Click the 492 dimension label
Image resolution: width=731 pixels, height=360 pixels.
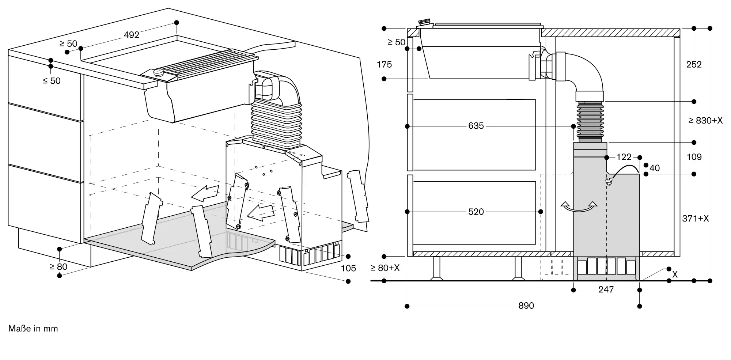[x=132, y=35]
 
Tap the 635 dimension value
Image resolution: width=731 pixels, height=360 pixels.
[x=476, y=126]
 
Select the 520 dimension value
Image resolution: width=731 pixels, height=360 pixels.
[x=476, y=212]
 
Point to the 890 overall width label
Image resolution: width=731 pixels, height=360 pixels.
[x=526, y=306]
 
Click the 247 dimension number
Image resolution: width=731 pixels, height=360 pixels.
[x=606, y=290]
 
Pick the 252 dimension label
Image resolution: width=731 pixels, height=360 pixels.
[x=694, y=65]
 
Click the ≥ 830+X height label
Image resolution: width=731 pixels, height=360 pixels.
[x=705, y=121]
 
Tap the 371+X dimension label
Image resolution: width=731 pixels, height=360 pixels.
[x=695, y=219]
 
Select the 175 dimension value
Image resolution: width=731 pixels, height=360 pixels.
[x=384, y=65]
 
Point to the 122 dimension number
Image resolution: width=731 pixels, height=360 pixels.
[x=624, y=157]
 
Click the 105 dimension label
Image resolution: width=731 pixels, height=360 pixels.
[x=348, y=269]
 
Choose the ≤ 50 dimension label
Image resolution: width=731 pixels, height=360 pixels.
[x=52, y=81]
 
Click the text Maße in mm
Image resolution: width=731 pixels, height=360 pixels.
[x=33, y=329]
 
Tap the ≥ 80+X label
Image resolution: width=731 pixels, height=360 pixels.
[x=385, y=268]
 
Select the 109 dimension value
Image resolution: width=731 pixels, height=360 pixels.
[x=694, y=157]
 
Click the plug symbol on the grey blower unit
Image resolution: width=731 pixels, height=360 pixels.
[x=608, y=181]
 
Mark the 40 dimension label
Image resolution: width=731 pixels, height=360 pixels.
[x=655, y=168]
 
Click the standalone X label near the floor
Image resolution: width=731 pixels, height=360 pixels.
[x=675, y=274]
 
